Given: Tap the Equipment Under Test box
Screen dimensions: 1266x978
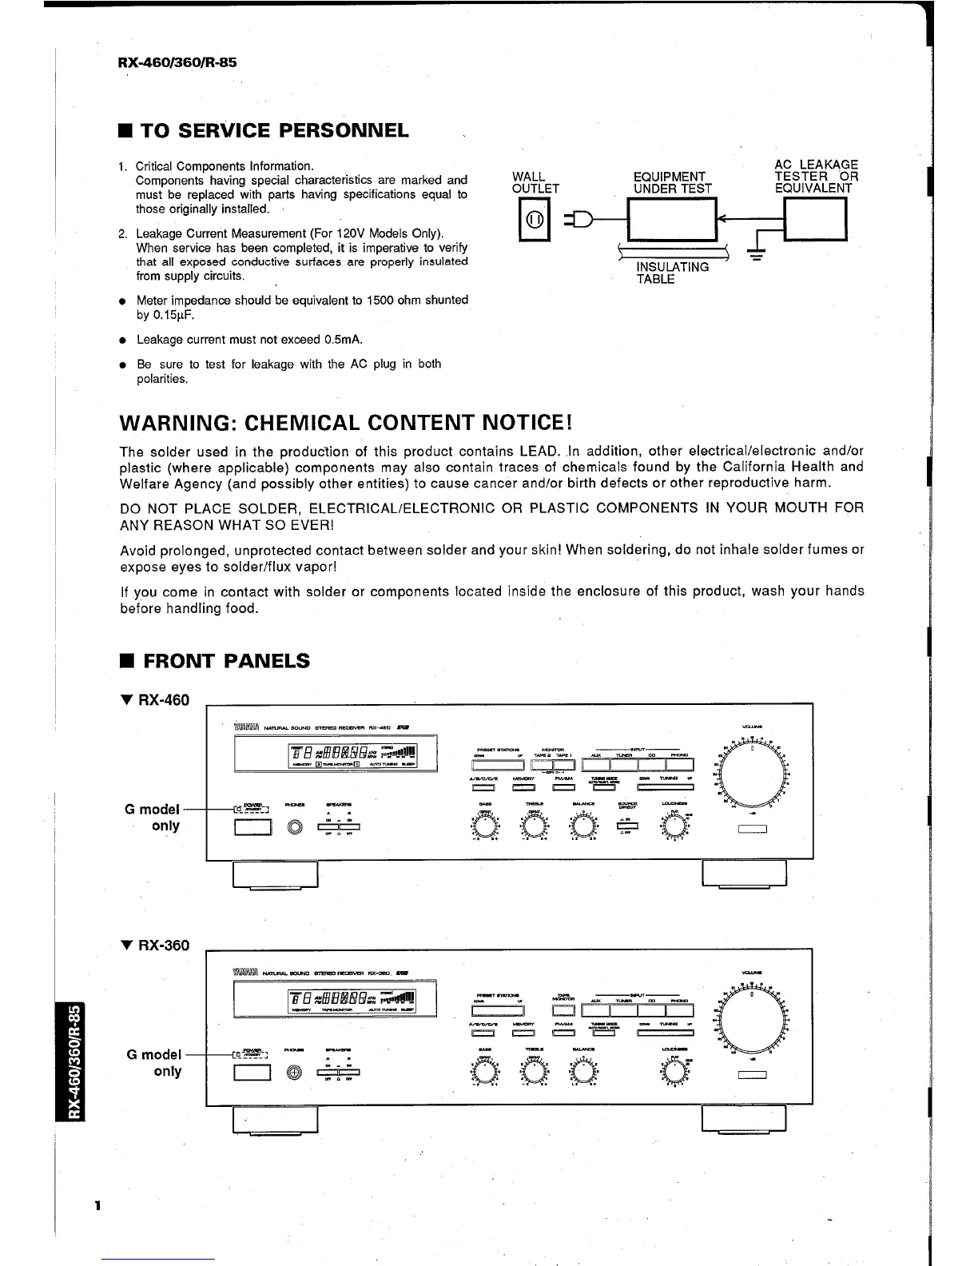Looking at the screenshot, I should pos(674,219).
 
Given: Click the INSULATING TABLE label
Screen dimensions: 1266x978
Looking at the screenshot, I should pos(671,273).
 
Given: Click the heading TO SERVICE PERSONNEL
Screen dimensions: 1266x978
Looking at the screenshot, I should pos(275,130).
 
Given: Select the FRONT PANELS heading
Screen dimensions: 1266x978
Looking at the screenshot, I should pos(225,661).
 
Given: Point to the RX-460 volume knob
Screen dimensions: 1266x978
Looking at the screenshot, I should pos(753,771).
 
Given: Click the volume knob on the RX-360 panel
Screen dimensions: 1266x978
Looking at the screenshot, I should pos(753,1017).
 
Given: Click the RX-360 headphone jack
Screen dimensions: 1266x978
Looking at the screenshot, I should pos(296,1073).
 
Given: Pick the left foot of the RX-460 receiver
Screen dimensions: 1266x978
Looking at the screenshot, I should pos(275,874).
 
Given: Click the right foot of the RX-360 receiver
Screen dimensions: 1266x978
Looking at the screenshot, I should pos(744,1119).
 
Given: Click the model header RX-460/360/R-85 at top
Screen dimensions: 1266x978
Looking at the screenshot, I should pos(177,62).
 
